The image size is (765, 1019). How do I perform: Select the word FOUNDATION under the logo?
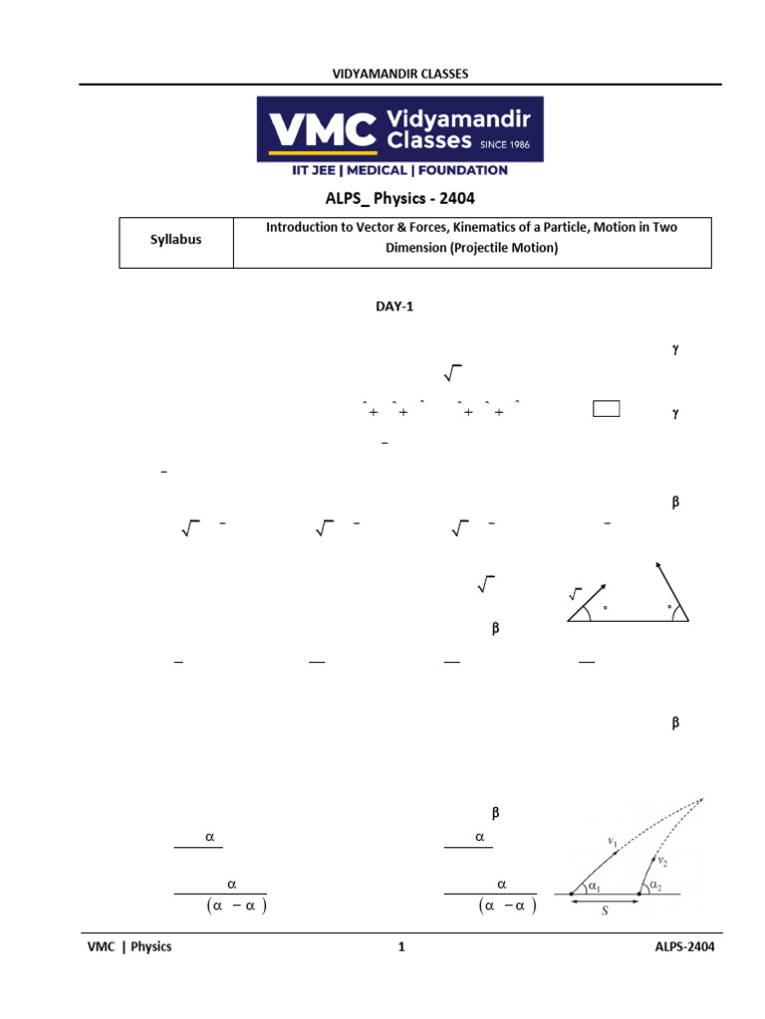coord(461,170)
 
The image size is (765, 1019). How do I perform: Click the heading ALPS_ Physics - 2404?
coord(394,199)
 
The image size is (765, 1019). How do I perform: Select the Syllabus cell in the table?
coord(175,240)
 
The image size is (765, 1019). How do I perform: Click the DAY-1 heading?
coord(393,306)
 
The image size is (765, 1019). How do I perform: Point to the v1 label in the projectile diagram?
coord(613,841)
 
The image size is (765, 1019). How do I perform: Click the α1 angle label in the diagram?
coord(594,886)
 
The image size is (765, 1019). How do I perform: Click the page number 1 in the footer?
coord(401,946)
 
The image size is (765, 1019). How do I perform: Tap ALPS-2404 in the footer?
coord(679,946)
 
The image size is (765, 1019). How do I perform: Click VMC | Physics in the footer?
coord(129,946)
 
